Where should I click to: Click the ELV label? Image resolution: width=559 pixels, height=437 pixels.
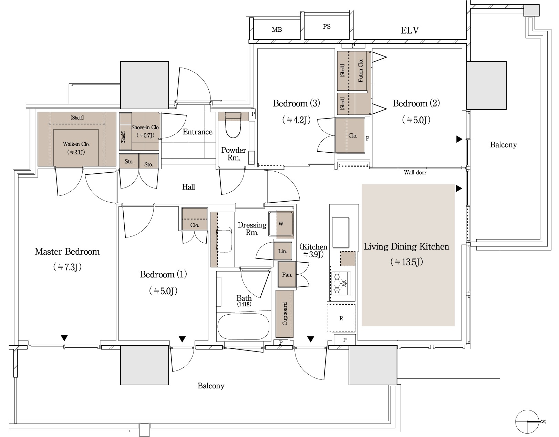pyautogui.click(x=410, y=31)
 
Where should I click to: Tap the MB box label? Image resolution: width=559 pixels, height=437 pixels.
pyautogui.click(x=277, y=30)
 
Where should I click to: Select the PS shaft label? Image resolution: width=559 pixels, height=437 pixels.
pyautogui.click(x=327, y=27)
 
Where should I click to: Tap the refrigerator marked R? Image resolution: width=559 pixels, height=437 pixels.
pyautogui.click(x=341, y=318)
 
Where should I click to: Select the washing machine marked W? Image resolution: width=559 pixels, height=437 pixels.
pyautogui.click(x=281, y=224)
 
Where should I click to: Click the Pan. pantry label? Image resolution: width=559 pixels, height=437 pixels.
pyautogui.click(x=287, y=275)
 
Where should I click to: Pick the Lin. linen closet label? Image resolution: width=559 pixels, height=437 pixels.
pyautogui.click(x=282, y=251)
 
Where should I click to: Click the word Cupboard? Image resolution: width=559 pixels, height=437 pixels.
pyautogui.click(x=285, y=314)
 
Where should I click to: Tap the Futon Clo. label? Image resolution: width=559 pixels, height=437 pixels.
pyautogui.click(x=361, y=71)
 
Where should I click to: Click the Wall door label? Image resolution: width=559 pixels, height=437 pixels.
pyautogui.click(x=415, y=172)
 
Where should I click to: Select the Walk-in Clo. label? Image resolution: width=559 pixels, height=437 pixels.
pyautogui.click(x=76, y=144)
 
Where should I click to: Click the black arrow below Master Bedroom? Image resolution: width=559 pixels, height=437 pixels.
pyautogui.click(x=64, y=337)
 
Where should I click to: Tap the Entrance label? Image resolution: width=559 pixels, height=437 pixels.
pyautogui.click(x=197, y=132)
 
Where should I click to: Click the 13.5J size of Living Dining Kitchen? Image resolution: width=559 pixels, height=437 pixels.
pyautogui.click(x=406, y=262)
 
